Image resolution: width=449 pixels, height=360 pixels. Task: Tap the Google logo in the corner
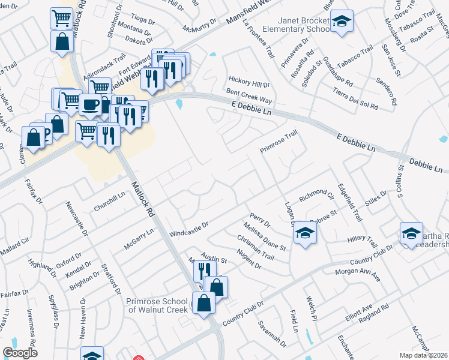20,352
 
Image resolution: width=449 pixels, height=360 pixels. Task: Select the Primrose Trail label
278,142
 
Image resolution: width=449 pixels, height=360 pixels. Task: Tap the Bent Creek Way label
249,95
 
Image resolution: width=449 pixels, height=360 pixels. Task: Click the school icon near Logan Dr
306,234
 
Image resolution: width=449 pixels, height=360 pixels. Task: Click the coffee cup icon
90,104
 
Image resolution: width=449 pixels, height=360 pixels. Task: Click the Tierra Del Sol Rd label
356,98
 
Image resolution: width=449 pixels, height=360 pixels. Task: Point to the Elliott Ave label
359,312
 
